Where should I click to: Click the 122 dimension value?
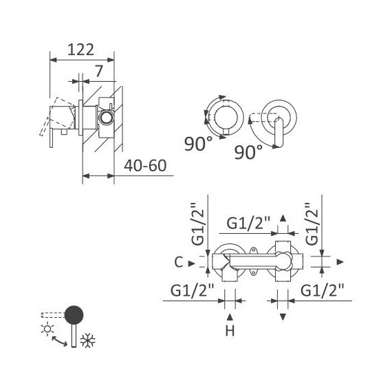tap(80, 49)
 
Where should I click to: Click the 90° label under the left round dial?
tap(198, 144)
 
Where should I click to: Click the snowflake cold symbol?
tap(87, 339)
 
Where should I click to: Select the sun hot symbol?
tap(47, 329)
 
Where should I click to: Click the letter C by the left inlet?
tap(179, 261)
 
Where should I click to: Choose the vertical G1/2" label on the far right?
tap(312, 224)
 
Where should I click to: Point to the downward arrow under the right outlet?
tap(283, 316)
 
